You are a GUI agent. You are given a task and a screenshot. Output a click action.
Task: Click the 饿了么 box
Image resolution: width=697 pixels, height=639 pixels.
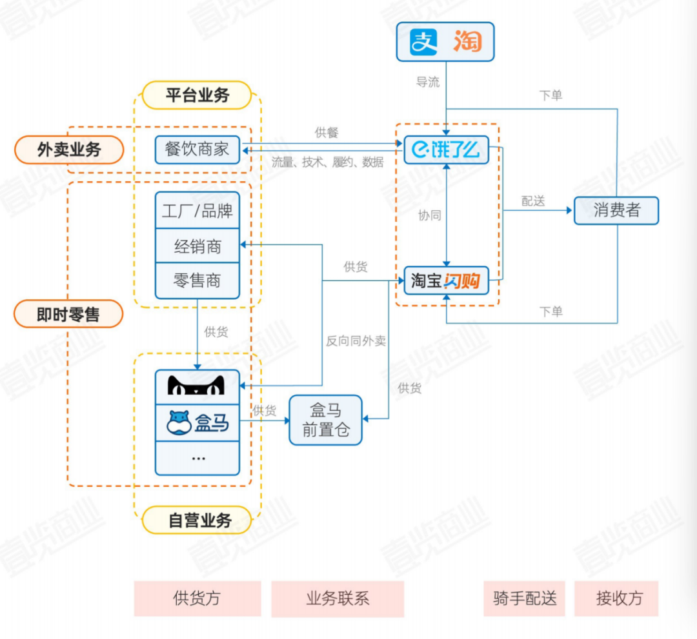[446, 150]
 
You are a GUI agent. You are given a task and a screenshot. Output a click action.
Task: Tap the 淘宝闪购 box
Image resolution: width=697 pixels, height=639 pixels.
[446, 280]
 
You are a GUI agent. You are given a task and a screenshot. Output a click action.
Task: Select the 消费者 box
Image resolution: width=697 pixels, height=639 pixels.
[616, 210]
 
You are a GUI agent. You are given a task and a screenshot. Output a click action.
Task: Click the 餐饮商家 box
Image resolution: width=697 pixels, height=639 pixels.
[197, 150]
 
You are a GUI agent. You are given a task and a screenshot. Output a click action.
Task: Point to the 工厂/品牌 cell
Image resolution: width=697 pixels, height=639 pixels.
[197, 210]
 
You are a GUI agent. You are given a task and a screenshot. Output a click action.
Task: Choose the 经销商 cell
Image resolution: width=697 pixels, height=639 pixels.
[197, 246]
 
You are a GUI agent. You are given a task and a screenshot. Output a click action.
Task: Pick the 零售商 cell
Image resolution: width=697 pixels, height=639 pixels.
[197, 280]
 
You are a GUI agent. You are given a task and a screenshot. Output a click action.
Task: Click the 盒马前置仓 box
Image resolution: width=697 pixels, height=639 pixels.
[325, 420]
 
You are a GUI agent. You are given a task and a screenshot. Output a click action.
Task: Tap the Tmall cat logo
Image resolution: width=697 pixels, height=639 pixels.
[197, 385]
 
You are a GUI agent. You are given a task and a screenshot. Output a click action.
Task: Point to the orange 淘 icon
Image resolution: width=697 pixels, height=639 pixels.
[467, 42]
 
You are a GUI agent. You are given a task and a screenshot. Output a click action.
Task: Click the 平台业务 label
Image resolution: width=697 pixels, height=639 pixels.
[197, 95]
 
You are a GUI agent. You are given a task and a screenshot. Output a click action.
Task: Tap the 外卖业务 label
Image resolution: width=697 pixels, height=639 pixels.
[68, 150]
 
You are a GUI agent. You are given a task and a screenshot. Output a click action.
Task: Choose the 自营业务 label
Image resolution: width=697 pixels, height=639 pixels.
[197, 520]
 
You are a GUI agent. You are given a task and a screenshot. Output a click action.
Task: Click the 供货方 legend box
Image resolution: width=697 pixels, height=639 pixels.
[197, 598]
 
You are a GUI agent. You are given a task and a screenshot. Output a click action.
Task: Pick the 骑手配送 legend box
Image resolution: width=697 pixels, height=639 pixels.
[524, 598]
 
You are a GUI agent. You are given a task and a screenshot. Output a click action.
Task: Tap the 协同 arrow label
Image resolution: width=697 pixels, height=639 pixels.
[429, 215]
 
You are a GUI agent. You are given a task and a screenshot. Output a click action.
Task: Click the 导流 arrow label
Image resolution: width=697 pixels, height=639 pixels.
[427, 82]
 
